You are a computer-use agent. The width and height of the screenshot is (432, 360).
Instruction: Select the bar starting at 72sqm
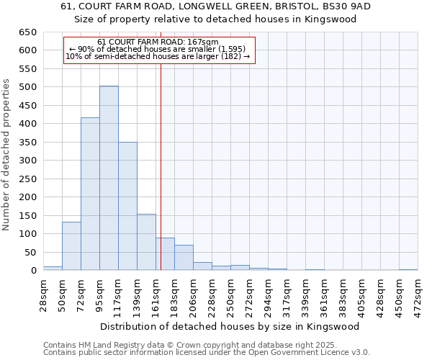(90, 194)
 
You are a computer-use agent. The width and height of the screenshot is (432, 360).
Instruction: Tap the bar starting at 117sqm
(127, 206)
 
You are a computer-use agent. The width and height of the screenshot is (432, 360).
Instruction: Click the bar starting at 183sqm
(184, 258)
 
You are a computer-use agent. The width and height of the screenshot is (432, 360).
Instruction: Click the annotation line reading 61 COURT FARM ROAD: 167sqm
(158, 42)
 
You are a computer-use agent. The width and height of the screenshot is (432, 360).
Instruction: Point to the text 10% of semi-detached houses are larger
(158, 56)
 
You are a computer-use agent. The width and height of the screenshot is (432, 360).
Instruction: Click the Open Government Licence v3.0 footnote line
(207, 352)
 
